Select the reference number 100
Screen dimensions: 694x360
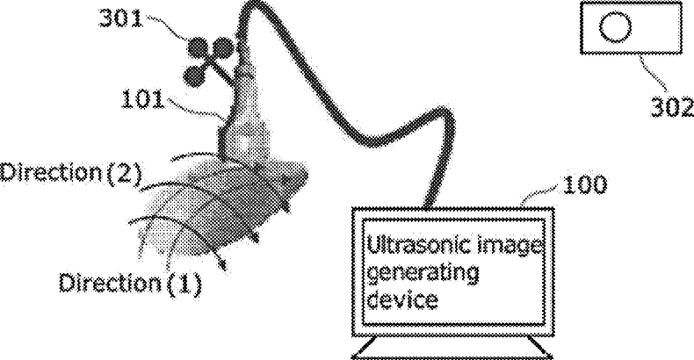pyautogui.click(x=580, y=186)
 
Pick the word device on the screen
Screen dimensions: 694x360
pyautogui.click(x=401, y=300)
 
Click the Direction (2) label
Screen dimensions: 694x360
pyautogui.click(x=70, y=172)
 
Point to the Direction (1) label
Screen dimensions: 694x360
pyautogui.click(x=130, y=283)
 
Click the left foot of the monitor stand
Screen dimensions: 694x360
pyautogui.click(x=367, y=353)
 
